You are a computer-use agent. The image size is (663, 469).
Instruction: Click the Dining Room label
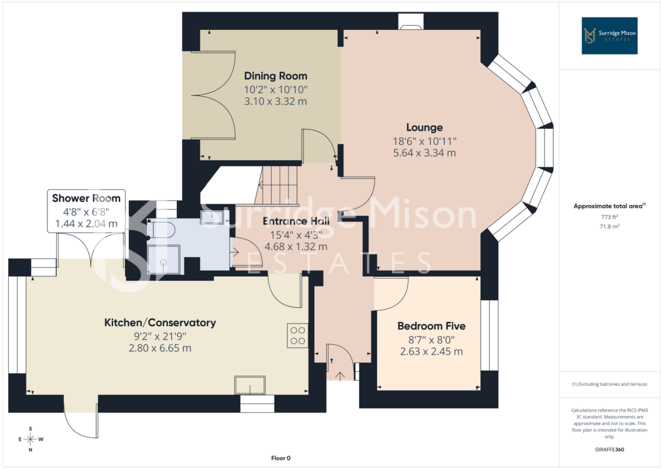coord(276,76)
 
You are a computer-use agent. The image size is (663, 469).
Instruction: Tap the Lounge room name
coord(424,127)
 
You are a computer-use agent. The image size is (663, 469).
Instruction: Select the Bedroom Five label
coord(431,326)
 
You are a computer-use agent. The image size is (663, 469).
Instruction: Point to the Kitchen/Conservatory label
coord(160,322)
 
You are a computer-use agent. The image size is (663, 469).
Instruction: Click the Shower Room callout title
coord(86,198)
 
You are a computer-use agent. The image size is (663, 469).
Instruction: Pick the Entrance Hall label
coord(296,221)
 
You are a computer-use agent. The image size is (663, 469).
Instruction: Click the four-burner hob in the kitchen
coord(298,336)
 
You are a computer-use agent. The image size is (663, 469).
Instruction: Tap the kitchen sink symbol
coord(250,385)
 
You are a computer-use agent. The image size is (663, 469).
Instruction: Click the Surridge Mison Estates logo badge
coord(609,36)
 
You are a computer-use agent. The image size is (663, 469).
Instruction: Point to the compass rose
coord(30,439)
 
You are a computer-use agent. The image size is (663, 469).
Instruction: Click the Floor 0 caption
coord(281,458)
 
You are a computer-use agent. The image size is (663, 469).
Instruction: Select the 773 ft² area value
coord(609,217)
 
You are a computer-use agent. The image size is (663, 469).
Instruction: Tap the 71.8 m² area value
coord(609,226)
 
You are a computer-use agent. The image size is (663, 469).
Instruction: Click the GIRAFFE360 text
coord(609,450)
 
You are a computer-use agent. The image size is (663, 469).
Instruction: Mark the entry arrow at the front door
coord(340,375)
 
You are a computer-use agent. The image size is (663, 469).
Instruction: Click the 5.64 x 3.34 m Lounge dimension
coord(424,152)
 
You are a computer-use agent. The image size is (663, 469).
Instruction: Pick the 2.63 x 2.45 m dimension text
coord(431,351)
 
